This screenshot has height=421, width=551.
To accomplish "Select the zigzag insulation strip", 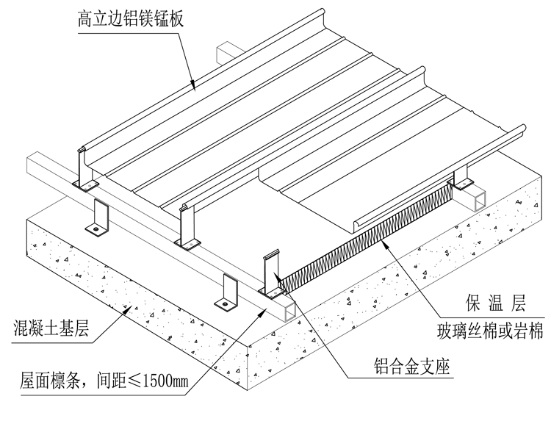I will pos(367,234).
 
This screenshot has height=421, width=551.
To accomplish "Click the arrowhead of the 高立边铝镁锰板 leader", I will pos(192,87).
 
